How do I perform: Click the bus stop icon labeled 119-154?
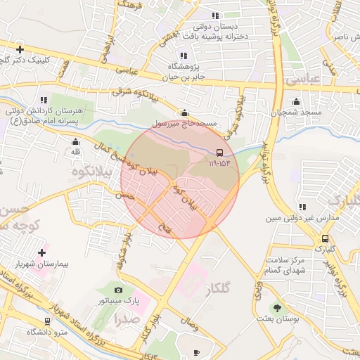point(219,153)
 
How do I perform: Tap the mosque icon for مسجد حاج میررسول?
point(185,112)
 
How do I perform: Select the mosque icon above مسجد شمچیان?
point(296,101)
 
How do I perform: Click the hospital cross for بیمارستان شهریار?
point(41,252)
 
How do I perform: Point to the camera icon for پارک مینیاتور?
point(118,290)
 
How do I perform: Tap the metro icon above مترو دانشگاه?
point(47,321)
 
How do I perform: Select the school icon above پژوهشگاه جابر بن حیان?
point(184,56)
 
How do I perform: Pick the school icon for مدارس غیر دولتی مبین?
point(302,207)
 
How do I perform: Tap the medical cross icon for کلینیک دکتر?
point(20,49)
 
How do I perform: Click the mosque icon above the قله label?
point(75,141)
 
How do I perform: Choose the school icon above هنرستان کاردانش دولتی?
point(44,100)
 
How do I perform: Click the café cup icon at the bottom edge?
point(197,352)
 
